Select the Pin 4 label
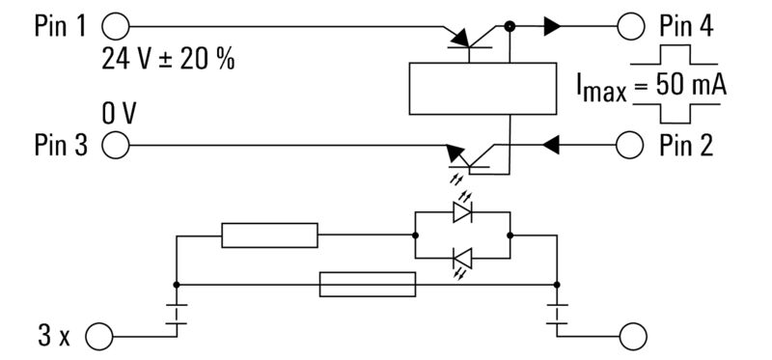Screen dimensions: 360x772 click(x=687, y=26)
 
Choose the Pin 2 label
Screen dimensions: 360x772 click(x=687, y=146)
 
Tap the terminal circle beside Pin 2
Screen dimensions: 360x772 click(x=630, y=146)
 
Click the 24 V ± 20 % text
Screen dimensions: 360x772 click(x=169, y=60)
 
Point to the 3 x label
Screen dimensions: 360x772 click(x=54, y=337)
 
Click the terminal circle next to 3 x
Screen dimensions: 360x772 click(x=99, y=337)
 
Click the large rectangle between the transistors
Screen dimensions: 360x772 click(x=482, y=88)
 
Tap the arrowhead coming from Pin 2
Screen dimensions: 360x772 click(x=551, y=146)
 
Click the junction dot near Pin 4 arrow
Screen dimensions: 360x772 click(x=510, y=26)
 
